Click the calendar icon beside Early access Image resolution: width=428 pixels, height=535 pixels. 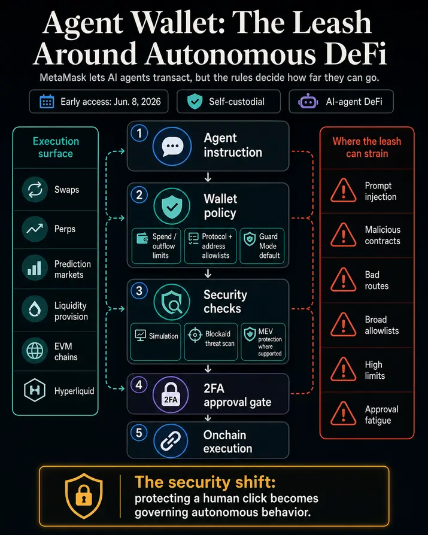pos(47,101)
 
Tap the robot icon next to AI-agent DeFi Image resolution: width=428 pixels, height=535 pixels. pos(308,101)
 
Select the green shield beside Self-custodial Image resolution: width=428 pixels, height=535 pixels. pos(195,101)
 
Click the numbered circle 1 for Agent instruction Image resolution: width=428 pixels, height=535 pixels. pos(139,133)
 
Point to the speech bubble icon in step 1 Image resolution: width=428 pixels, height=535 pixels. pos(172,146)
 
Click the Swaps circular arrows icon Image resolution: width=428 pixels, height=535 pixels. pos(35,189)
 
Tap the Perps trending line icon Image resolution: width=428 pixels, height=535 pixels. pos(35,229)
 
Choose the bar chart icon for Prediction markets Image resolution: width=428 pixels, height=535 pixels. pos(35,268)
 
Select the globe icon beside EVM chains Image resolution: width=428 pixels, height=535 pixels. pos(35,351)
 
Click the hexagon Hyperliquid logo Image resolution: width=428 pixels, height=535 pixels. pos(35,390)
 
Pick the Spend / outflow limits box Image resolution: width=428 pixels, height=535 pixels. pos(156,246)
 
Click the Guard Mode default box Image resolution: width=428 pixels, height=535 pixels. pos(262,246)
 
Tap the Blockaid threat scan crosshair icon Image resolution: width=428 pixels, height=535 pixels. pos(195,335)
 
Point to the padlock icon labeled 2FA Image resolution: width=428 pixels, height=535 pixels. pos(171,394)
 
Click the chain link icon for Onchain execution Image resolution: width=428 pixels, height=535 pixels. pos(171,440)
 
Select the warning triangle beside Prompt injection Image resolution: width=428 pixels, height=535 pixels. pos(344,190)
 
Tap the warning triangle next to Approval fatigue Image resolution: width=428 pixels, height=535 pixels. pos(344,414)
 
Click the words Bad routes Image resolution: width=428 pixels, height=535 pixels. pos(377,280)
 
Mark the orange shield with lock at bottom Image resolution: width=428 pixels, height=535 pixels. pos(84,496)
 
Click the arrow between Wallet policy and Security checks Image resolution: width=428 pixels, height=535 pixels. pos(208,273)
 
